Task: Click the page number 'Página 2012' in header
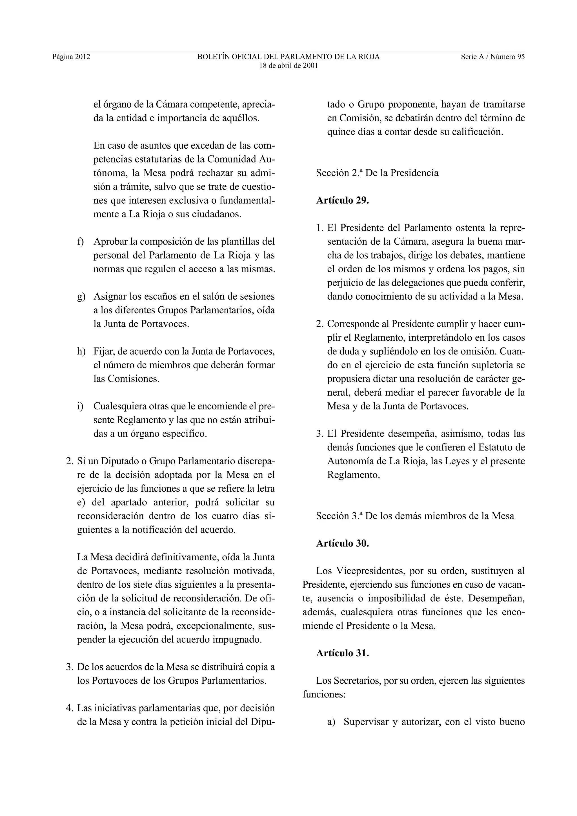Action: (71, 57)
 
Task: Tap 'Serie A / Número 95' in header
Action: (493, 57)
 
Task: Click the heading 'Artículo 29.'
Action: (342, 200)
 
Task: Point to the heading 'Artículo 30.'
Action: (342, 543)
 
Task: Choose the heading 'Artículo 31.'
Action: (342, 653)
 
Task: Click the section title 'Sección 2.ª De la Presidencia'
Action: (377, 173)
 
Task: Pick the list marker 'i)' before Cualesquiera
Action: (80, 406)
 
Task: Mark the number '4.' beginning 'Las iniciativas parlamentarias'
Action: (70, 708)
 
